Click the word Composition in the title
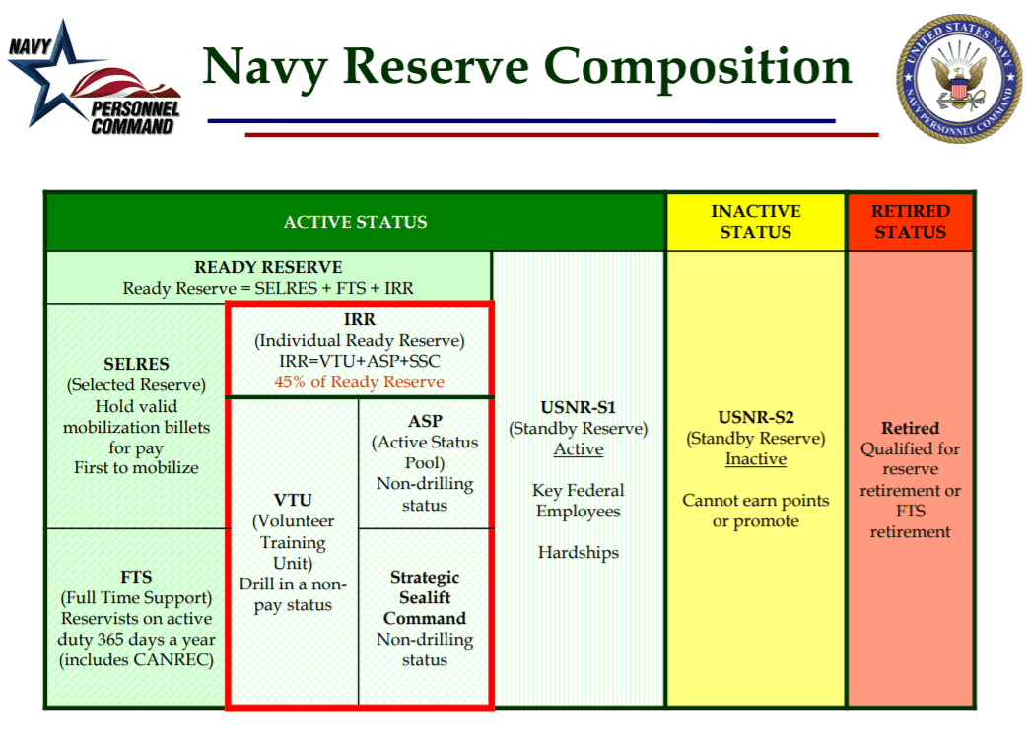tap(698, 67)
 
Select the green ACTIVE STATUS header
tap(355, 222)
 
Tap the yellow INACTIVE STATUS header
tap(755, 222)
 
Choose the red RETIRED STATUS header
tap(910, 222)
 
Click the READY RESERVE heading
tap(268, 267)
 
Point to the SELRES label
tap(136, 364)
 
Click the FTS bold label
tap(136, 577)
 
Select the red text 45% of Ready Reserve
tap(359, 381)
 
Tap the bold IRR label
tap(359, 320)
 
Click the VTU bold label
tap(292, 500)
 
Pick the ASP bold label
tap(425, 421)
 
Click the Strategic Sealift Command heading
tap(425, 597)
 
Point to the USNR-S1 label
tap(578, 407)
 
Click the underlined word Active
tap(578, 448)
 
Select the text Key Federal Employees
tap(578, 501)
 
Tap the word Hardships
tap(578, 552)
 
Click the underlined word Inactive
tap(755, 459)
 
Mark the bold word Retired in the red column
tap(910, 428)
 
